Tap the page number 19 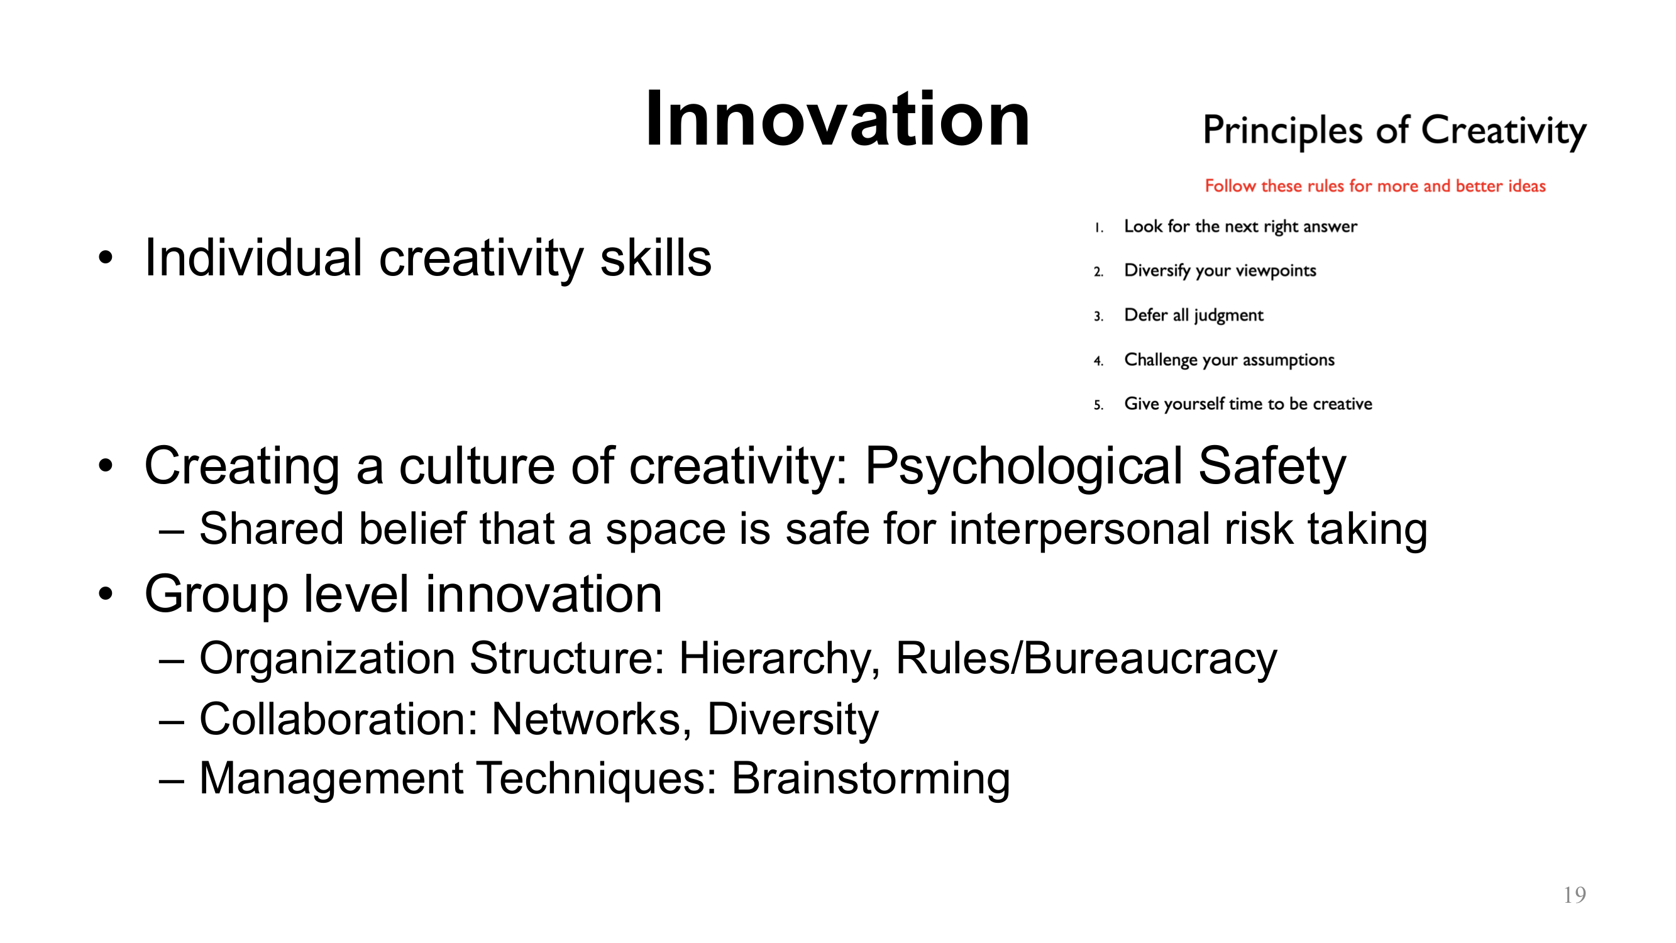click(x=1574, y=895)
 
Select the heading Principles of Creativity click(x=1394, y=130)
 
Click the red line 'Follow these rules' click(x=1374, y=186)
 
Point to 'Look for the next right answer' click(x=1240, y=226)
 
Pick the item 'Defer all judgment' click(x=1193, y=316)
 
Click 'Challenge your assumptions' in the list click(x=1229, y=360)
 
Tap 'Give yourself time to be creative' click(x=1248, y=404)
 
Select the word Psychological click(x=1023, y=466)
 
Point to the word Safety click(x=1271, y=466)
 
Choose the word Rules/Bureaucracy click(x=1086, y=659)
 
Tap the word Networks click(x=592, y=719)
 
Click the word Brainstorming click(x=871, y=778)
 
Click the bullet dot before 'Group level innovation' click(x=106, y=593)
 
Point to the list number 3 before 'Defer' click(x=1098, y=317)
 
